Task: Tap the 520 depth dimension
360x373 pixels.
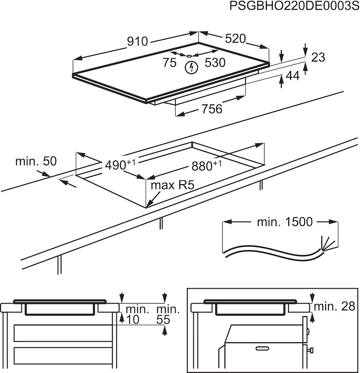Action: (235, 39)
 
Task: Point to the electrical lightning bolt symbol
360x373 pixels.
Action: (190, 68)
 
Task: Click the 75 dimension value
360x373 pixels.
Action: (170, 63)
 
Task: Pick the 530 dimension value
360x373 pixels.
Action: (215, 63)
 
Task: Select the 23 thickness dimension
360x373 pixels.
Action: (318, 57)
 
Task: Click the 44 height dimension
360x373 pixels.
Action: (292, 76)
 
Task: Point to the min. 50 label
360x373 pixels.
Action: (36, 161)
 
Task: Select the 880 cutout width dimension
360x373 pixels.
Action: (204, 166)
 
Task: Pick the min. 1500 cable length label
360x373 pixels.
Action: (285, 222)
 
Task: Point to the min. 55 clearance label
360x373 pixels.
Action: (167, 314)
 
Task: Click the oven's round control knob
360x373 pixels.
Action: (310, 350)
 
